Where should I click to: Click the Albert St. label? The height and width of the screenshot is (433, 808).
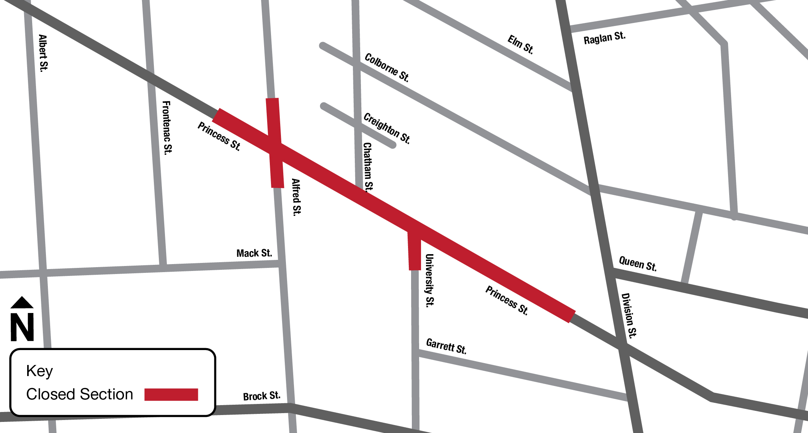point(43,53)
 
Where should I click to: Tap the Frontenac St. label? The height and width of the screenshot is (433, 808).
point(167,127)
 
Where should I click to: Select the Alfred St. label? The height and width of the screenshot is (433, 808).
point(297,197)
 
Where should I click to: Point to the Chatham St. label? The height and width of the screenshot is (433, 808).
point(367,167)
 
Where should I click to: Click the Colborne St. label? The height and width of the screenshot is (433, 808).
point(387,68)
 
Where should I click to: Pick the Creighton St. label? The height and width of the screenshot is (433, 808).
point(387,128)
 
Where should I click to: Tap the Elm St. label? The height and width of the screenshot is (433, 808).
point(521,44)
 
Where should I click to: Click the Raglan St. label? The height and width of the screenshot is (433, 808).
point(604,38)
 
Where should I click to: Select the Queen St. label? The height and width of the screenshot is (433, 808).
point(638,264)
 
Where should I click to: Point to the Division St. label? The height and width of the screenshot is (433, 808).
point(629,315)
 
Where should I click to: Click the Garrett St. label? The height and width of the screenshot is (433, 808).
point(446,346)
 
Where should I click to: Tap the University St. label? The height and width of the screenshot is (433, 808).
point(430,280)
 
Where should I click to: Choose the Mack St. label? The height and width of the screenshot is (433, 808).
point(254,253)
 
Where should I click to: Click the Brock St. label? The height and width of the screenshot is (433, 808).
point(262,396)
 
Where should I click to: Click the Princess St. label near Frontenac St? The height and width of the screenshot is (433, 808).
point(219,136)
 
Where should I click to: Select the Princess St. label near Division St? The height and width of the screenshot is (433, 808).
point(507,300)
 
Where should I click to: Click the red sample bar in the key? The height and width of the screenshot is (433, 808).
point(171,394)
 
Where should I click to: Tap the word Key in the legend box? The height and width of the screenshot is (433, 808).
point(39,371)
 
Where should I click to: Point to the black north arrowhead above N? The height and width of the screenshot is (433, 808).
point(22,302)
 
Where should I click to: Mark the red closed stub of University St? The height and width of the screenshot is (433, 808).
point(415,250)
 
